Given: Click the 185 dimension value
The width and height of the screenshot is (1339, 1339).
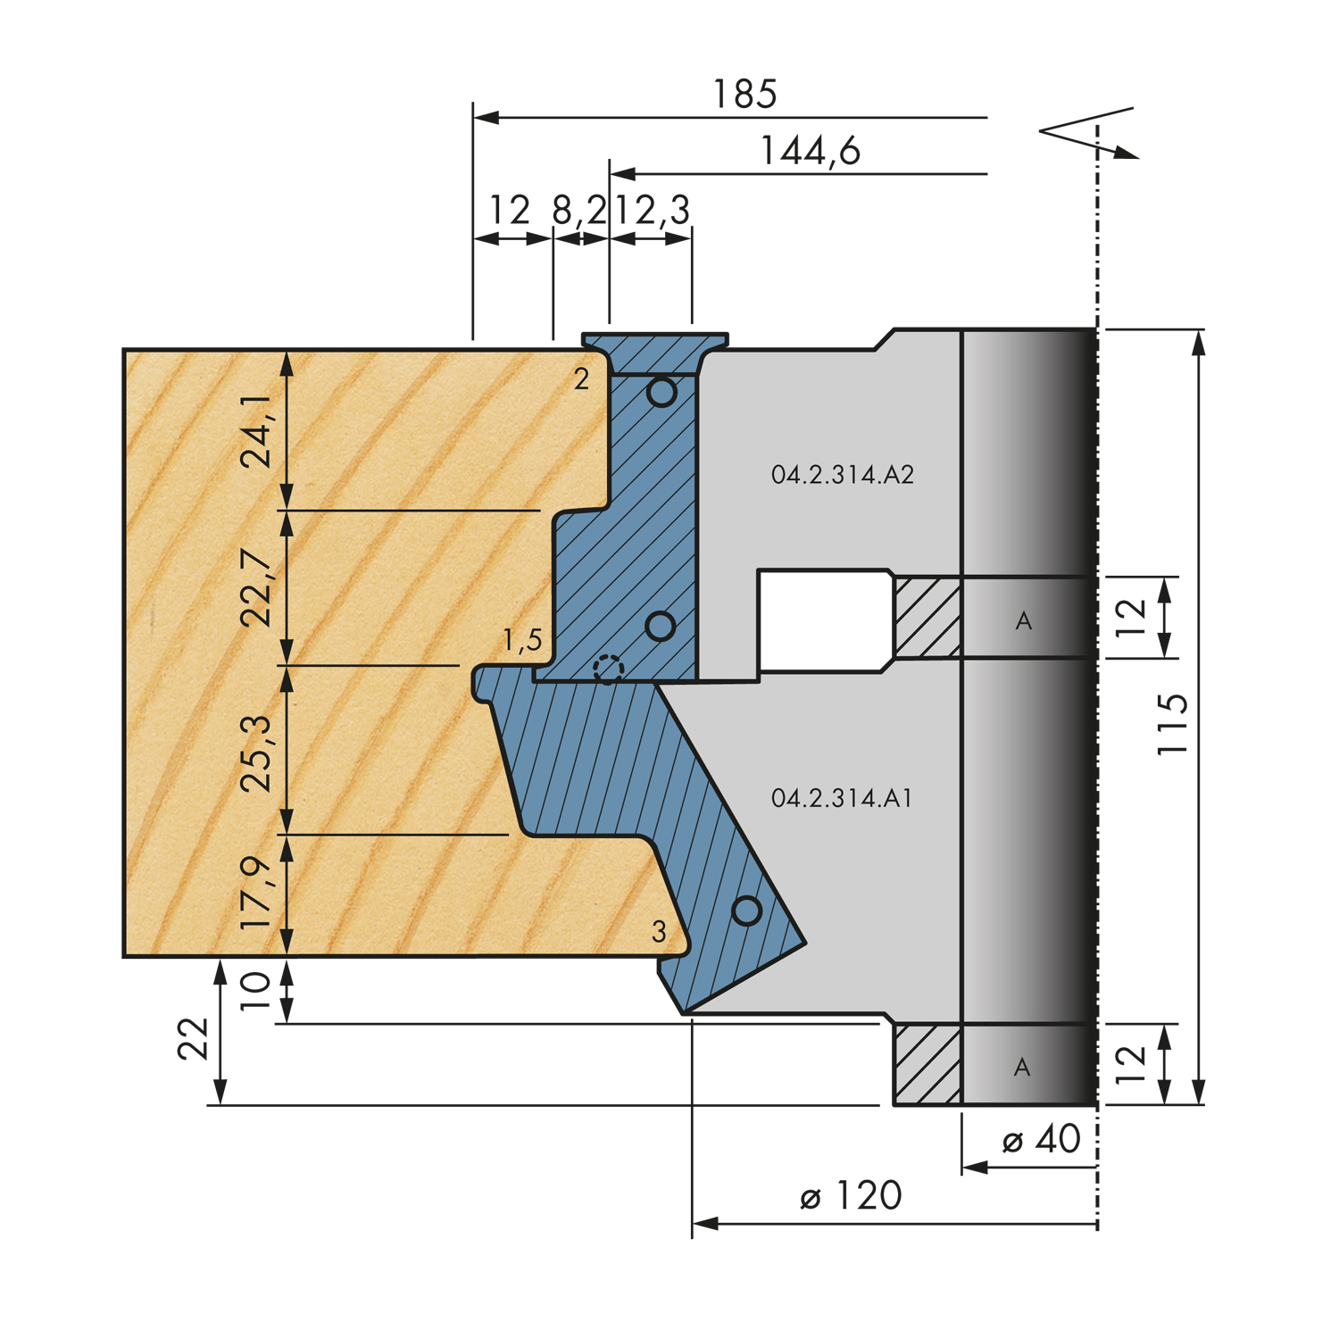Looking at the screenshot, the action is (x=745, y=94).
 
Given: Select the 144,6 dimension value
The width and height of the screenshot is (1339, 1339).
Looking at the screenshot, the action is (x=810, y=151).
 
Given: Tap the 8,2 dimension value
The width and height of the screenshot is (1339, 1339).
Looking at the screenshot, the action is (x=578, y=211).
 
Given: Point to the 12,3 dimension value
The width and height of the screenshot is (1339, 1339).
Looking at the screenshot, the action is (x=653, y=211).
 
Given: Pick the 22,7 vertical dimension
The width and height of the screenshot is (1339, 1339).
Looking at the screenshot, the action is (x=258, y=588).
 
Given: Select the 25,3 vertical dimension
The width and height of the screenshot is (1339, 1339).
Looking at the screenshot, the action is (x=258, y=754).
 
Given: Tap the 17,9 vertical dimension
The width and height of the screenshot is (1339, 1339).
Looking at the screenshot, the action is (x=258, y=894).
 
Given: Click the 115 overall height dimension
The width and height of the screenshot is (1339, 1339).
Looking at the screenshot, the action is (x=1172, y=724).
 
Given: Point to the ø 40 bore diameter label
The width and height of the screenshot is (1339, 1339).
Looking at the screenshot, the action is (x=1041, y=1140).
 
